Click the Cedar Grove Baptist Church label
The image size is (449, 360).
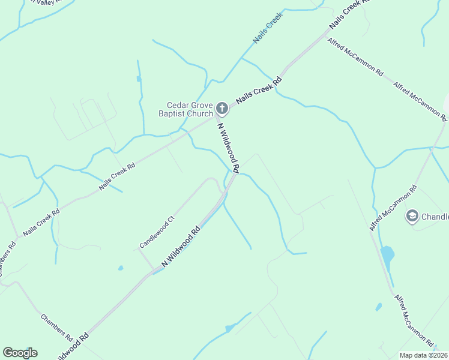tap(185, 109)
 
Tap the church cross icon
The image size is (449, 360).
tap(221, 109)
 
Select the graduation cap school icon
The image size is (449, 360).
tap(412, 217)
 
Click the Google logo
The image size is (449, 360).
tap(20, 353)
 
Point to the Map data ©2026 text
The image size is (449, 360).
tap(423, 355)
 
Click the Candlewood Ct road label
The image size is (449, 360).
tap(156, 232)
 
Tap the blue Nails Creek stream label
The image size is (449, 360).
tap(267, 28)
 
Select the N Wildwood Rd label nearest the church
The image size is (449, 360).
tap(229, 148)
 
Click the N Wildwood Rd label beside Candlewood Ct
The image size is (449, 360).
tap(180, 247)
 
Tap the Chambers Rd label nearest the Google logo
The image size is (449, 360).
tap(56, 326)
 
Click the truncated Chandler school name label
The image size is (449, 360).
tap(435, 217)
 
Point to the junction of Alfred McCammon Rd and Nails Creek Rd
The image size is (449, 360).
tap(324, 34)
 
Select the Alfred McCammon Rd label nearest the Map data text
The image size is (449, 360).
tap(415, 320)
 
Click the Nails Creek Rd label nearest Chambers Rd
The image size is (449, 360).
tap(41, 223)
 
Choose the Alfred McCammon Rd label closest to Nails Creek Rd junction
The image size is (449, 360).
tap(355, 55)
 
